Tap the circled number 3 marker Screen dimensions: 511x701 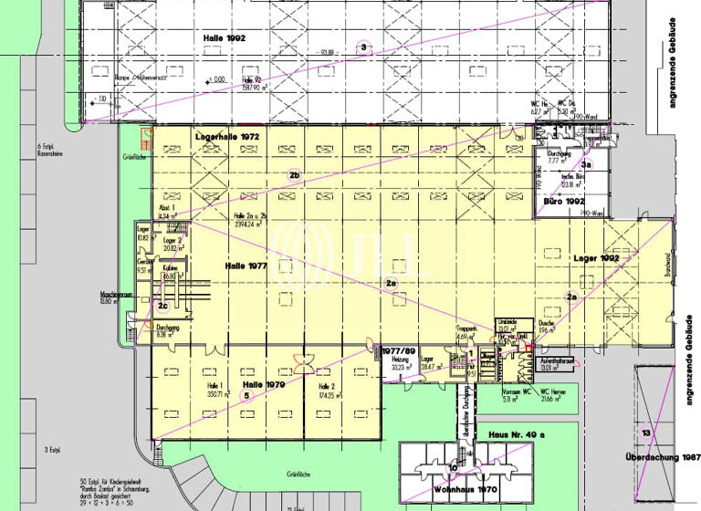coord(363,47)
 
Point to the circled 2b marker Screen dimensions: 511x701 coord(294,174)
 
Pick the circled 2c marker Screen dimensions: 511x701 coord(162,306)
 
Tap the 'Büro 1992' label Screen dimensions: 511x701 coord(563,200)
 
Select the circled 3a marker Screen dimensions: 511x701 coord(588,165)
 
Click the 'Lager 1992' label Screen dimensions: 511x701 coord(599,259)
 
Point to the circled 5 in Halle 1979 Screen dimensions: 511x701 coord(246,395)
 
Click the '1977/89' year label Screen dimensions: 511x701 coord(400,350)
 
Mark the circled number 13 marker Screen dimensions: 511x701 coord(645,432)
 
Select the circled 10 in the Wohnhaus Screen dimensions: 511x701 coord(454,468)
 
